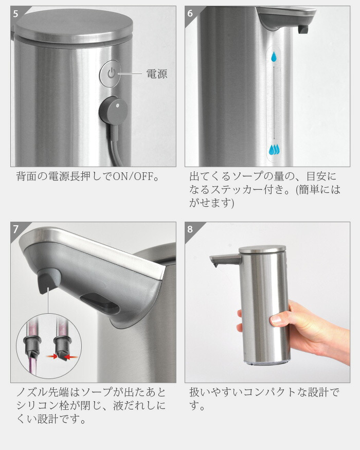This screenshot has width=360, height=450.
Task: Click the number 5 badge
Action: (x=16, y=13)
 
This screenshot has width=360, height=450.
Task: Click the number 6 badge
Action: (x=190, y=13)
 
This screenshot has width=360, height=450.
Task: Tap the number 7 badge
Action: (x=16, y=229)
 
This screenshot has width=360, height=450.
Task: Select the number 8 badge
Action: (x=190, y=229)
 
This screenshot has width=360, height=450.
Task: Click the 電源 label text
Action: (x=157, y=74)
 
